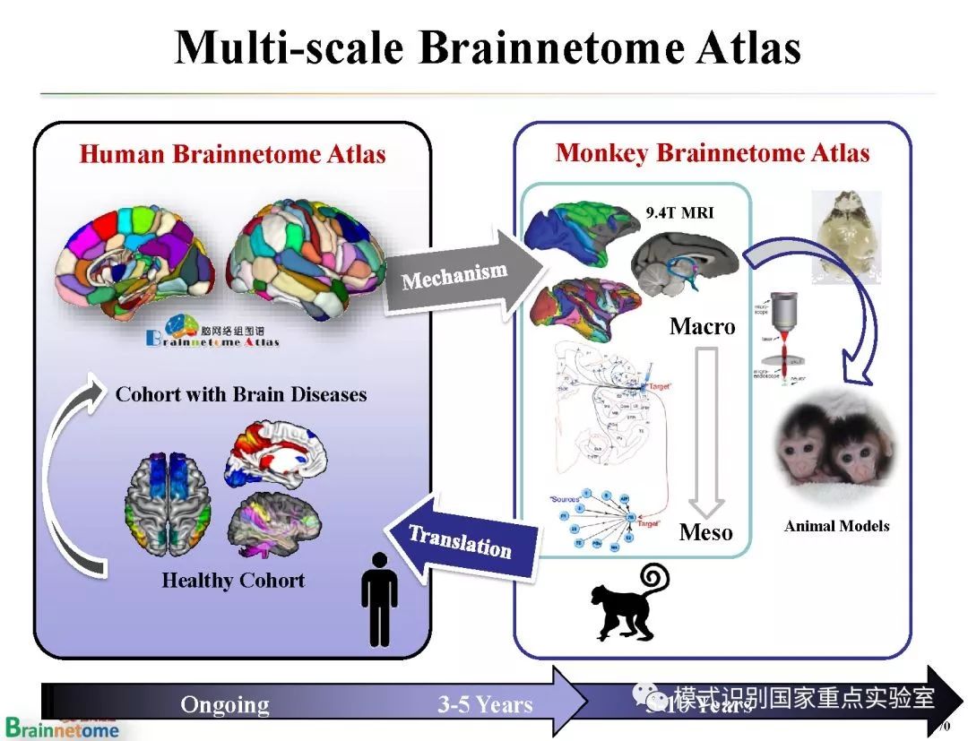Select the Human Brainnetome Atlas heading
coord(232,154)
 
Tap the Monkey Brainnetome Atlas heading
coord(713,152)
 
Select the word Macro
coord(702,326)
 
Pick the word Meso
coord(705,532)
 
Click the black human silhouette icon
coord(379,599)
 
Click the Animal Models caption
coord(836,526)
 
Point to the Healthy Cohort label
coord(233,581)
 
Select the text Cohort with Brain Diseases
coord(241,394)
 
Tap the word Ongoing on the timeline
coord(225,704)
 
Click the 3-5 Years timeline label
coord(485,704)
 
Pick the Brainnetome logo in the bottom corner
coord(62,728)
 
